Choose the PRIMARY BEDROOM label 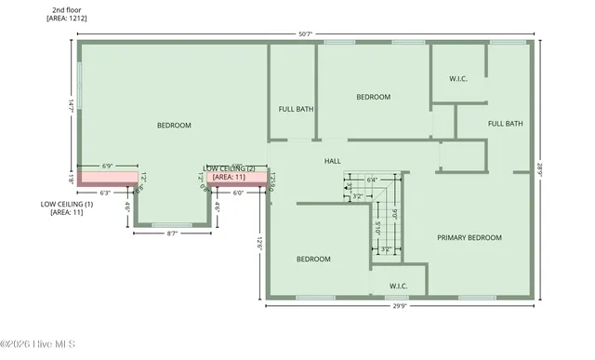(x=469, y=238)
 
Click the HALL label (x=332, y=161)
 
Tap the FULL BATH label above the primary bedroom (x=506, y=124)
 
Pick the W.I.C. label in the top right (x=457, y=79)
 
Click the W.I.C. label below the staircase (x=398, y=286)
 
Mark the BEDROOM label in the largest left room (x=174, y=126)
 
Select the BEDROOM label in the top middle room (x=373, y=97)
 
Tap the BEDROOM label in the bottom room (x=313, y=260)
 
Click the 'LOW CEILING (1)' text (x=67, y=204)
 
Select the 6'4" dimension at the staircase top (x=372, y=180)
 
